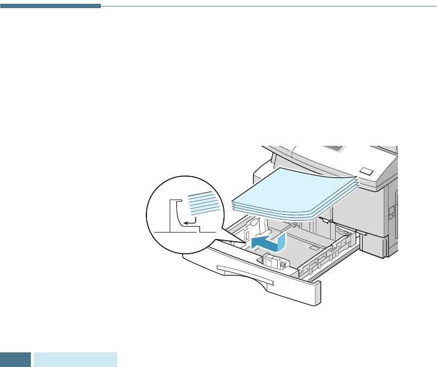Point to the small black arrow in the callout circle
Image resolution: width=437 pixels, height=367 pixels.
tap(188, 221)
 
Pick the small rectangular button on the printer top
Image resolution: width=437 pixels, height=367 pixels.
tap(367, 171)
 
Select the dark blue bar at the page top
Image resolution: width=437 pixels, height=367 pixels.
tap(50, 6)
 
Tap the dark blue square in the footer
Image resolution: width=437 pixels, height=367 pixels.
tap(15, 359)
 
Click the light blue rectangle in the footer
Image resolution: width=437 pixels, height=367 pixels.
tap(75, 359)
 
